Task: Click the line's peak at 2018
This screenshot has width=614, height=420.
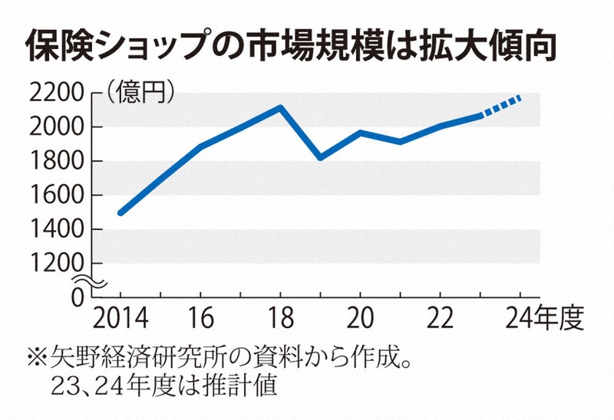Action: click(281, 107)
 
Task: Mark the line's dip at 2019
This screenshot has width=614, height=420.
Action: click(321, 157)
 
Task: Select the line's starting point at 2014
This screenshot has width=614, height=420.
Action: click(120, 212)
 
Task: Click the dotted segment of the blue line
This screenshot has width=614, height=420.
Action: click(501, 107)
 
